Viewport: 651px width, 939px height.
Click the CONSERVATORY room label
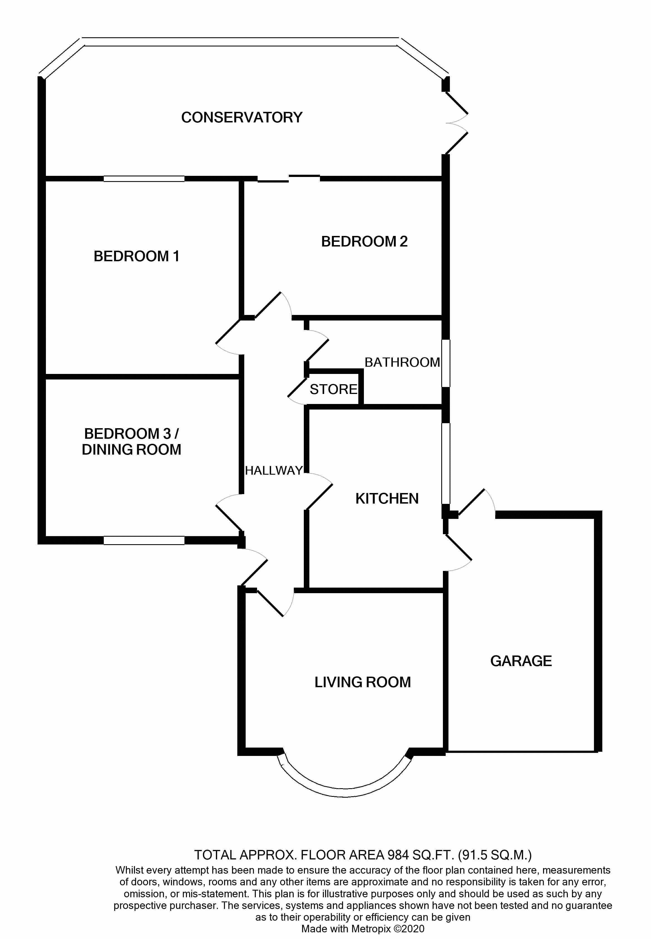(241, 117)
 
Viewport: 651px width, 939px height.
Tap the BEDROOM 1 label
(136, 256)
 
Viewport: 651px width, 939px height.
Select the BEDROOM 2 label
(364, 241)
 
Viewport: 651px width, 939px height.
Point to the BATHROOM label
(402, 362)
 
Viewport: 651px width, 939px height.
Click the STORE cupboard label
(334, 390)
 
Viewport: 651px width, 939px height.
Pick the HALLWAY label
(274, 471)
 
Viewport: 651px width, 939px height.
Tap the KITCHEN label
(387, 499)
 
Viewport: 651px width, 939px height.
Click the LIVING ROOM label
(363, 682)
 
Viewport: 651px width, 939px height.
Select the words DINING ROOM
(131, 450)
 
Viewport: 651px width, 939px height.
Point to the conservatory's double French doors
(456, 123)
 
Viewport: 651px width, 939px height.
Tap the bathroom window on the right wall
(446, 363)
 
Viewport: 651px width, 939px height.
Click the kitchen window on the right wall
(446, 464)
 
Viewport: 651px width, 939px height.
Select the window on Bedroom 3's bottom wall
(144, 541)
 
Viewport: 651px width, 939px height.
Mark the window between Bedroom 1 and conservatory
(144, 179)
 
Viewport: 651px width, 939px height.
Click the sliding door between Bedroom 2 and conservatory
(289, 178)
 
